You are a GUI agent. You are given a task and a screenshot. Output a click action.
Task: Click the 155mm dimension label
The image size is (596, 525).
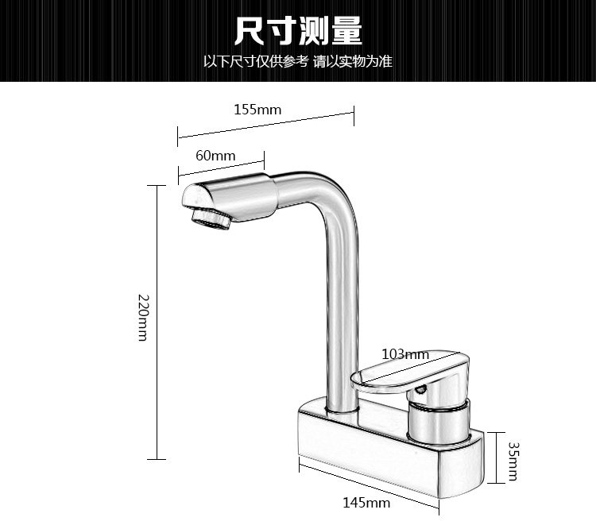coord(257,110)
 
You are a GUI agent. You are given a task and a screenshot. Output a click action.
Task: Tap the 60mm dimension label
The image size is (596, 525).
coord(215,156)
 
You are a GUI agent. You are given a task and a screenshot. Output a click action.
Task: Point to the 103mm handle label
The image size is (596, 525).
coord(405,353)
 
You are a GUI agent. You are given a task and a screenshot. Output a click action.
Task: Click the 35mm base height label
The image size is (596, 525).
coord(513,461)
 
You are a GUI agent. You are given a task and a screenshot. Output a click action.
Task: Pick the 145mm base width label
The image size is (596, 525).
coord(366,502)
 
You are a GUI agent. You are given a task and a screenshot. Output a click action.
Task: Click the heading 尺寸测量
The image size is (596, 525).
coord(298,30)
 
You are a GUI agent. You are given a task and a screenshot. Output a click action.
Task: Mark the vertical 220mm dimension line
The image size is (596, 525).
coord(157,322)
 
